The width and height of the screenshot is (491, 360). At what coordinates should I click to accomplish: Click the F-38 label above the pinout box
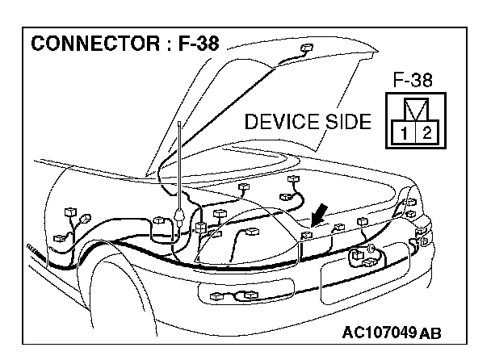click(x=413, y=81)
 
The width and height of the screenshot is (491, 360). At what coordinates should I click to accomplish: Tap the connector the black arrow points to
click(x=306, y=235)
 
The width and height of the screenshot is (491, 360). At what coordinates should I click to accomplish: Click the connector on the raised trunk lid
click(x=304, y=50)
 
